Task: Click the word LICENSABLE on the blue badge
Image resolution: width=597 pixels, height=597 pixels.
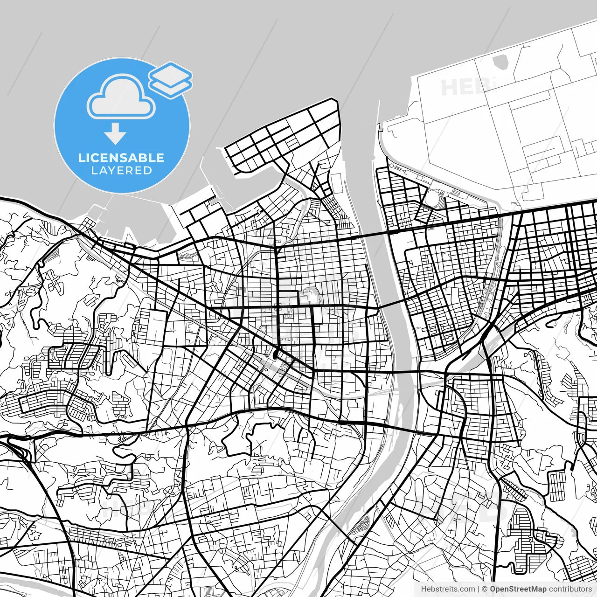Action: point(121,158)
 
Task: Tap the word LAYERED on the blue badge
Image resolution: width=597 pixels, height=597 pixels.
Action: point(121,171)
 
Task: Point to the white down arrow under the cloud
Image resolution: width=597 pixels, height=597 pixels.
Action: point(115,134)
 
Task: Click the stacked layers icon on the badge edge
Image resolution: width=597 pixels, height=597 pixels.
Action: point(171,79)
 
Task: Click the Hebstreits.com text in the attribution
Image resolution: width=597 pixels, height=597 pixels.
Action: point(448,589)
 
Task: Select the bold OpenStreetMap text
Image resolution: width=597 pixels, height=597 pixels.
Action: point(518,589)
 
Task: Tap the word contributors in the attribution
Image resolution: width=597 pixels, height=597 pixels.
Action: point(570,589)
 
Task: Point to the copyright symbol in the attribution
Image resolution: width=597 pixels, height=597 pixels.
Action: point(485,589)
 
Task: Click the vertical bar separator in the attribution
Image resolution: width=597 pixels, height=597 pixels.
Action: point(479,589)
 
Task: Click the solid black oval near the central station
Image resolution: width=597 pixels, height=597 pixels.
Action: point(276,354)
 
